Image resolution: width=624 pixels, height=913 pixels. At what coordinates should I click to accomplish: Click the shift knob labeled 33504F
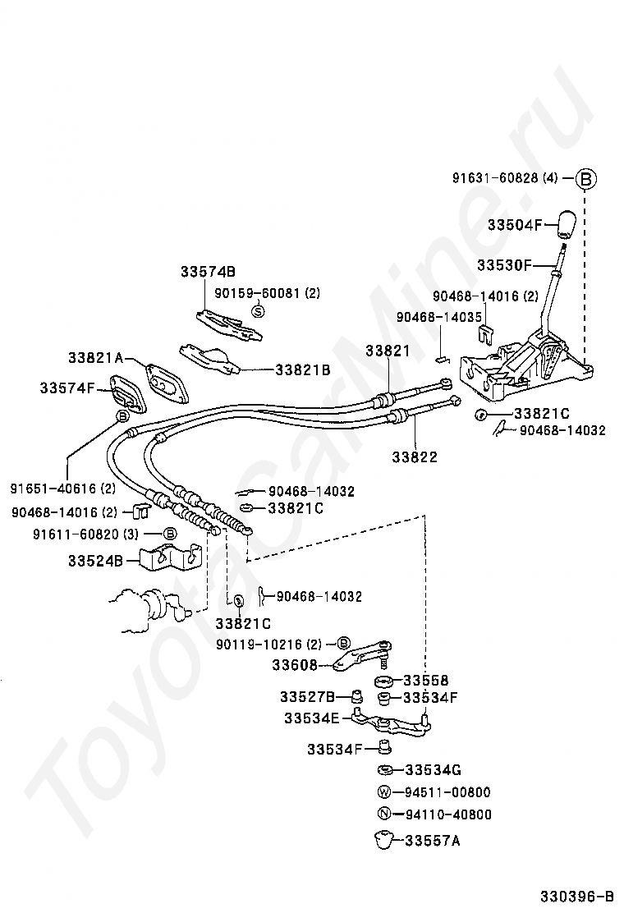pyautogui.click(x=564, y=223)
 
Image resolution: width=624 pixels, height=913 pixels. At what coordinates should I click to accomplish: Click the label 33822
pyautogui.click(x=415, y=456)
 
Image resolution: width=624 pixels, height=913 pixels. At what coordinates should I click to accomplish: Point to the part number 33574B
pyautogui.click(x=208, y=272)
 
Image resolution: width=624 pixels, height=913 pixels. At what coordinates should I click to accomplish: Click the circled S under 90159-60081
pyautogui.click(x=257, y=310)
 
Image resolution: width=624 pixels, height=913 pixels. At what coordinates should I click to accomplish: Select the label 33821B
pyautogui.click(x=302, y=370)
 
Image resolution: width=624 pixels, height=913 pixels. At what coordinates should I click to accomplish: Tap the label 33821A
pyautogui.click(x=95, y=358)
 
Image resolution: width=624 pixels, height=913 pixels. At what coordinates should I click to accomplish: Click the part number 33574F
pyautogui.click(x=67, y=388)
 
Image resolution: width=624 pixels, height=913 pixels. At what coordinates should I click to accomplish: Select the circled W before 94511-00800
pyautogui.click(x=383, y=792)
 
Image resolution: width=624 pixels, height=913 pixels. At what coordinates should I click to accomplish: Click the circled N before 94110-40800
pyautogui.click(x=383, y=814)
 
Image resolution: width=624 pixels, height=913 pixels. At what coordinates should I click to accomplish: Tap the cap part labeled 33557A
pyautogui.click(x=381, y=839)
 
